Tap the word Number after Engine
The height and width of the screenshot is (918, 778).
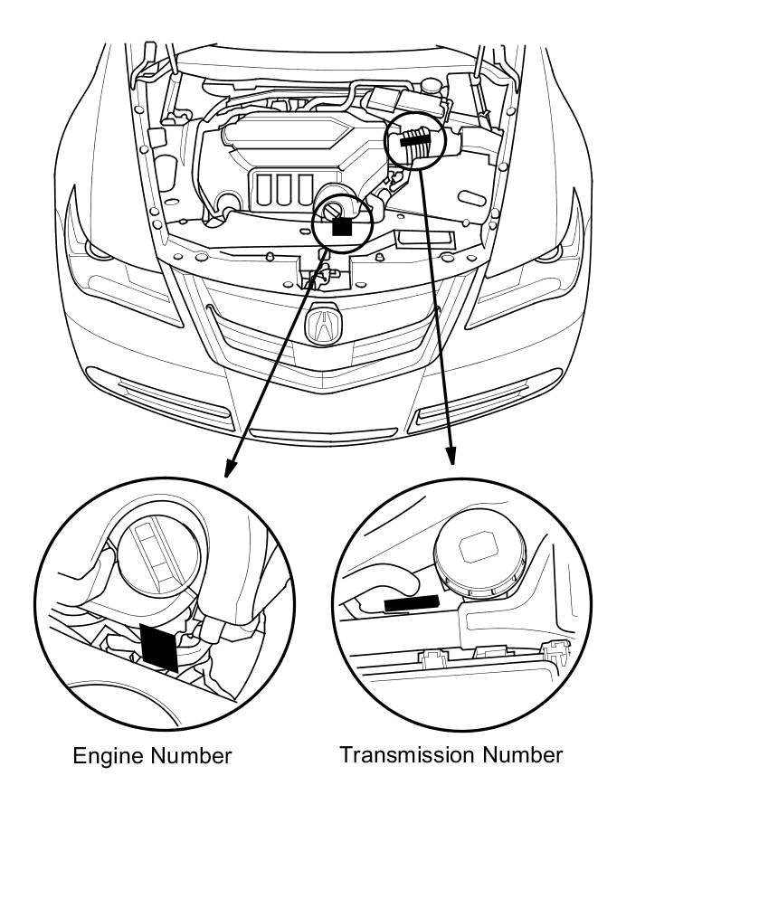click(190, 756)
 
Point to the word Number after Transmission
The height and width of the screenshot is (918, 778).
click(522, 754)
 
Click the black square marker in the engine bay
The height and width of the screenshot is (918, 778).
click(341, 225)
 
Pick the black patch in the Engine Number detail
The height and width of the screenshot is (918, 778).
click(160, 646)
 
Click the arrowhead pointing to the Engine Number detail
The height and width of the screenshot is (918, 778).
click(230, 468)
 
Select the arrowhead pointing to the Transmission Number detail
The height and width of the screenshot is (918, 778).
click(451, 458)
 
